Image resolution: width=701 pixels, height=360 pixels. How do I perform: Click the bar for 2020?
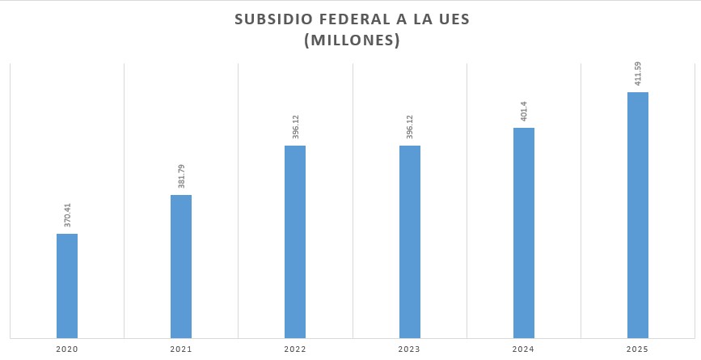pyautogui.click(x=67, y=285)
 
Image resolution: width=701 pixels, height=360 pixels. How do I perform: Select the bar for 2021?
pyautogui.click(x=181, y=265)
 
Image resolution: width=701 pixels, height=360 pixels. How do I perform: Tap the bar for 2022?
pyautogui.click(x=295, y=241)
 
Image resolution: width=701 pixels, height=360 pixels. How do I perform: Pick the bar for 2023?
pyautogui.click(x=410, y=241)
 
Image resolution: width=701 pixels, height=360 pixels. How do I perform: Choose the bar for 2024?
pyautogui.click(x=524, y=232)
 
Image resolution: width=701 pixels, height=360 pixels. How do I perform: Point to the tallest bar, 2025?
pyautogui.click(x=638, y=214)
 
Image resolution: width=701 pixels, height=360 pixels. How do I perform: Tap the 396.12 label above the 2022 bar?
pyautogui.click(x=296, y=127)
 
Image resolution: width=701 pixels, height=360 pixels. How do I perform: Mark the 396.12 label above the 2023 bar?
pyautogui.click(x=410, y=127)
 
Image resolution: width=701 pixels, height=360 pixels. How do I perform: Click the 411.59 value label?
pyautogui.click(x=639, y=74)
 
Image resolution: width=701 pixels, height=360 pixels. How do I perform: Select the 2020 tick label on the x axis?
pyautogui.click(x=67, y=349)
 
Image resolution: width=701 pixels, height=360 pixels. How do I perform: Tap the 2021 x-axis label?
pyautogui.click(x=181, y=349)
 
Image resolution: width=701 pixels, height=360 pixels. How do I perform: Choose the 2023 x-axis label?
pyautogui.click(x=410, y=349)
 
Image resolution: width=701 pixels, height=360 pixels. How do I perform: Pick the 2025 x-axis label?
pyautogui.click(x=638, y=349)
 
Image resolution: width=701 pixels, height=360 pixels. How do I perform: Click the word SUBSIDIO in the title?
pyautogui.click(x=269, y=19)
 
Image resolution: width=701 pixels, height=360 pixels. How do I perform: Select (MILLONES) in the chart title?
pyautogui.click(x=352, y=40)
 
